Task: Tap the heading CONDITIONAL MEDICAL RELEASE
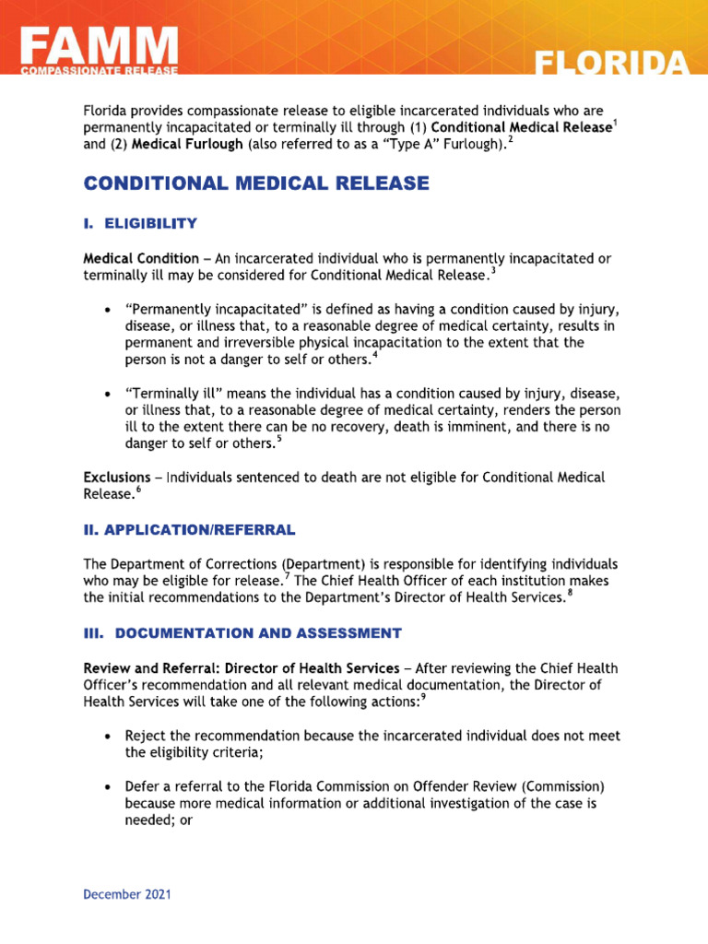[256, 183]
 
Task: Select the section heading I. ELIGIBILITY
[140, 223]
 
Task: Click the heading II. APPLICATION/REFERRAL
[189, 529]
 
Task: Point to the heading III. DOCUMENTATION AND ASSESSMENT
[242, 632]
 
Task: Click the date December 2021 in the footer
[127, 894]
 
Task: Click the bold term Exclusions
[116, 478]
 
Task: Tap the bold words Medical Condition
[141, 258]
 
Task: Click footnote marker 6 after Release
[137, 489]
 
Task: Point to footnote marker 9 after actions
[422, 697]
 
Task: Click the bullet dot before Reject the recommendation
[110, 737]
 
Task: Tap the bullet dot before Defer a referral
[110, 788]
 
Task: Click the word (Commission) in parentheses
[563, 787]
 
